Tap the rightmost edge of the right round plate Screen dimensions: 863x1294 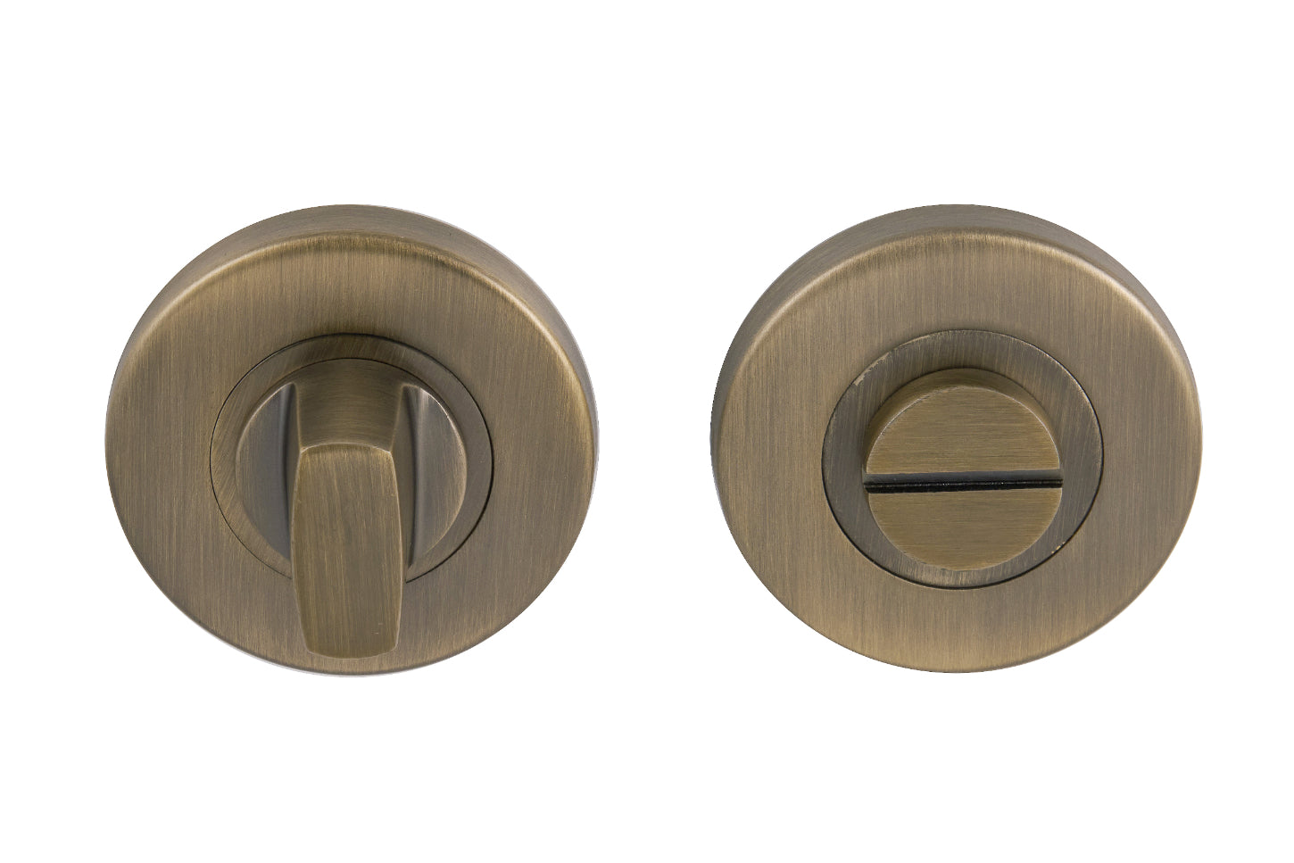tap(1203, 437)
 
